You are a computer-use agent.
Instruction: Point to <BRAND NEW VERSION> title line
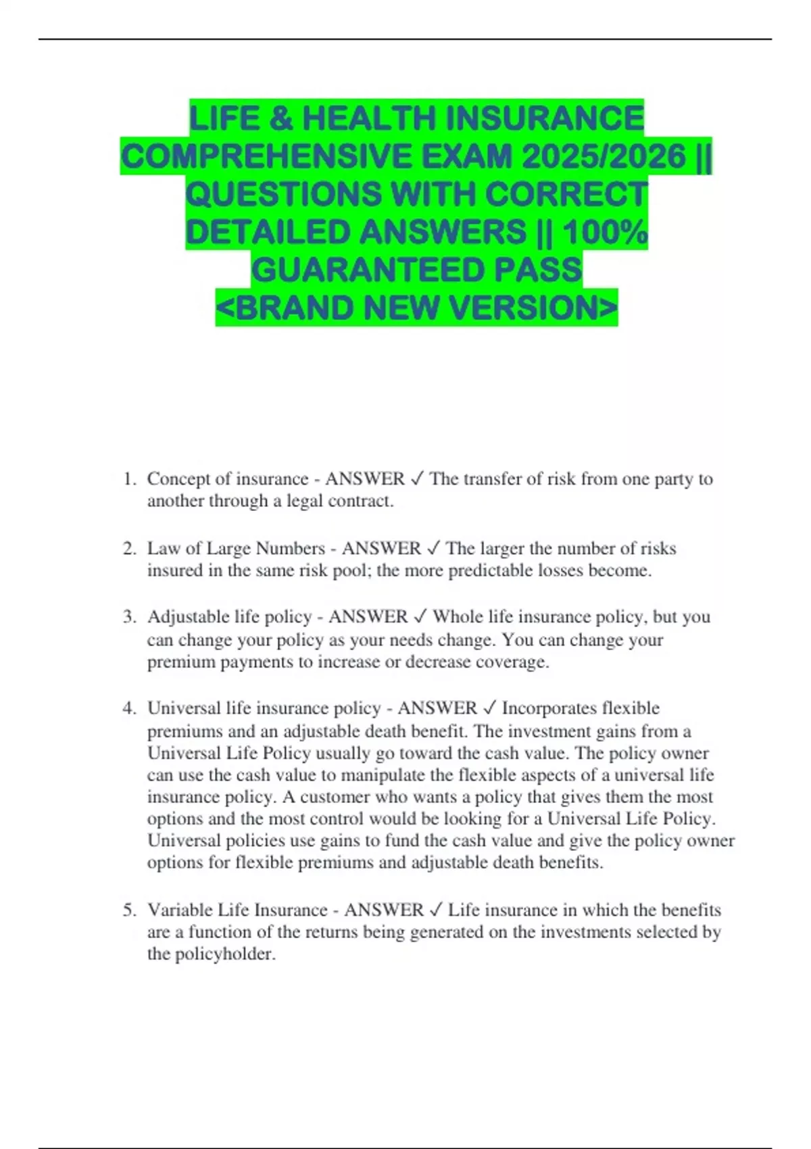pos(416,308)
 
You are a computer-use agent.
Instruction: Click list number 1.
pos(129,479)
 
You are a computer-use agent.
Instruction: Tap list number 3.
pos(129,617)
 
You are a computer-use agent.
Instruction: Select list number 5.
pos(129,910)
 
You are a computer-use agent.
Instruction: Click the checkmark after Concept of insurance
pos(417,479)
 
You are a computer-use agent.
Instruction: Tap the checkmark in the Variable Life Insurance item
pos(436,910)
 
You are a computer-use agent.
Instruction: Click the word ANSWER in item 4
pos(437,708)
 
